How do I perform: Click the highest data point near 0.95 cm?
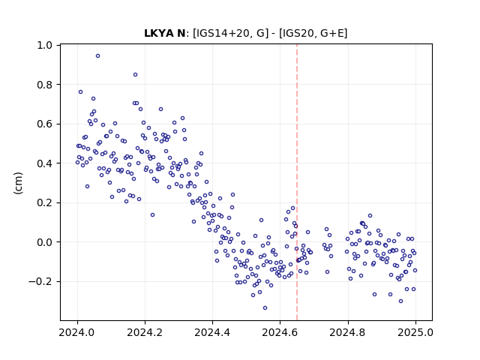[x=98, y=56]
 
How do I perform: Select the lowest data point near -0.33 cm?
[x=265, y=308]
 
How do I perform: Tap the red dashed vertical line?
[x=297, y=182]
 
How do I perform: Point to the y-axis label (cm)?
[x=18, y=183]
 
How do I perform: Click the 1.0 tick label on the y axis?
[x=45, y=45]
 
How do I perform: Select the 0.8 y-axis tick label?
[x=45, y=85]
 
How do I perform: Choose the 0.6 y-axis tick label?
[x=45, y=124]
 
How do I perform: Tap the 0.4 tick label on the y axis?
[x=45, y=163]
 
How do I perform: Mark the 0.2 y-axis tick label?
[x=45, y=203]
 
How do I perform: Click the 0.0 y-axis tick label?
[x=45, y=242]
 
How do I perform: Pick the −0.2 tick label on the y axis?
[x=40, y=282]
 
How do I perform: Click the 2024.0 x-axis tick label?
[x=77, y=332]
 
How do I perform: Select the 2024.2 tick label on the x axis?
[x=145, y=332]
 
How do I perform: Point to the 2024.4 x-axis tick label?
[x=212, y=332]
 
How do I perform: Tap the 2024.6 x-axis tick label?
[x=280, y=332]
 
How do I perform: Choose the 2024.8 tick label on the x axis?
[x=348, y=332]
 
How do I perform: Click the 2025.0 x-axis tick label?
[x=415, y=332]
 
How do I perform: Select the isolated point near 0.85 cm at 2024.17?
[x=135, y=75]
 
